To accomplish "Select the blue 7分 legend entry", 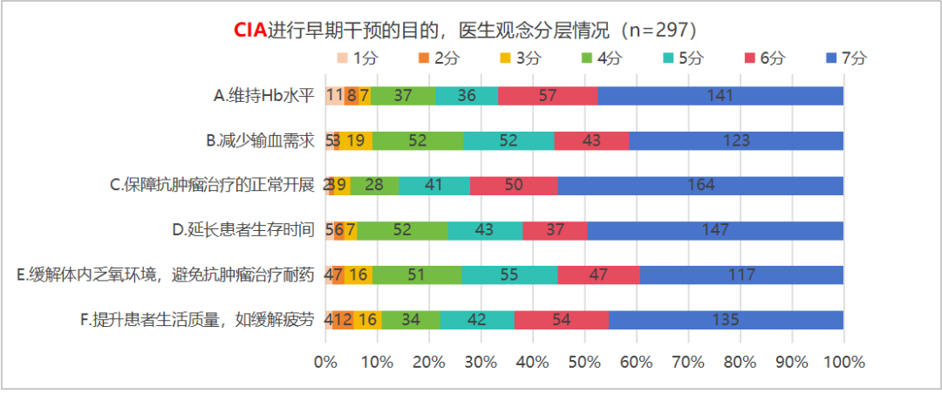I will coord(845,58).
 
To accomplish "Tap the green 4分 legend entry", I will coord(601,58).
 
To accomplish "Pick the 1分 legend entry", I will coord(358,58).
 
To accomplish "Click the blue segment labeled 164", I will coord(700,185).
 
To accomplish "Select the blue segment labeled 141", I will coord(720,95).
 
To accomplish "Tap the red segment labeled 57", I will coord(548,95).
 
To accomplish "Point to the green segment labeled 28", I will coord(375,185).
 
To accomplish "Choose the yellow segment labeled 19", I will coord(356,140).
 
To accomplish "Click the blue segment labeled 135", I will coord(726,319).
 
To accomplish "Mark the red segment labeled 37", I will coord(555,230).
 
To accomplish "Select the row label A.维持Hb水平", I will coord(263,96).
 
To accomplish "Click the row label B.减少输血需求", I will coord(259,140).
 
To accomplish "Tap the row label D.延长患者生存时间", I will coord(242,230).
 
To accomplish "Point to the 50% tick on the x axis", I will coord(584,362).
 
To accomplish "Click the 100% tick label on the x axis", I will coord(843,362).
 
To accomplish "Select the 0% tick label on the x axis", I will coord(325,362).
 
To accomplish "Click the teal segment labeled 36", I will coord(467,95).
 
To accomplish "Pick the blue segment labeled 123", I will coord(736,140).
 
